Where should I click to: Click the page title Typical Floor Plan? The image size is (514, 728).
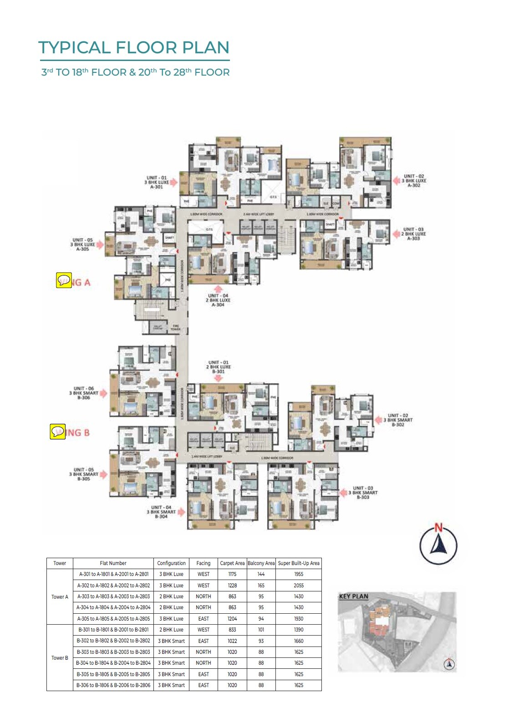tap(134, 48)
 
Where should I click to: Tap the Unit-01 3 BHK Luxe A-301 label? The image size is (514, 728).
tap(157, 182)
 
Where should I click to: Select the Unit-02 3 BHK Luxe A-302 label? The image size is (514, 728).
tap(413, 181)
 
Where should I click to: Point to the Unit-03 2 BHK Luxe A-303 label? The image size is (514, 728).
tap(413, 234)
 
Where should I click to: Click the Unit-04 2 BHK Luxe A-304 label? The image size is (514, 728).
tap(218, 300)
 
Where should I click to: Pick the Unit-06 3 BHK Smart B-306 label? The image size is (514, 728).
tap(84, 393)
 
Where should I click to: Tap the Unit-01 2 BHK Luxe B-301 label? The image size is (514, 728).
tap(219, 367)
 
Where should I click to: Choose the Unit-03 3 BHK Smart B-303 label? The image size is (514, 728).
tap(363, 493)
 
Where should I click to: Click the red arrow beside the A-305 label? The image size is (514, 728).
tap(100, 244)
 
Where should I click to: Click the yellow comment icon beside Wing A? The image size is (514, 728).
tap(64, 280)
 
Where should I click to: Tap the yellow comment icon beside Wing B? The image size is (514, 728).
tap(58, 432)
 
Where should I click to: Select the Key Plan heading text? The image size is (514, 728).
tap(354, 596)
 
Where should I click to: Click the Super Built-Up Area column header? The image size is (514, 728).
tap(299, 563)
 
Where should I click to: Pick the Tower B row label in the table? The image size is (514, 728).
tap(60, 658)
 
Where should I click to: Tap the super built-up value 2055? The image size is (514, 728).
tap(299, 585)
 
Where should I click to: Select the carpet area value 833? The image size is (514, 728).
tap(232, 630)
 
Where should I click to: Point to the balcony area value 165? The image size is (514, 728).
tap(261, 585)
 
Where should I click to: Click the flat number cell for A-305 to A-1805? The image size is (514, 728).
tap(113, 619)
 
